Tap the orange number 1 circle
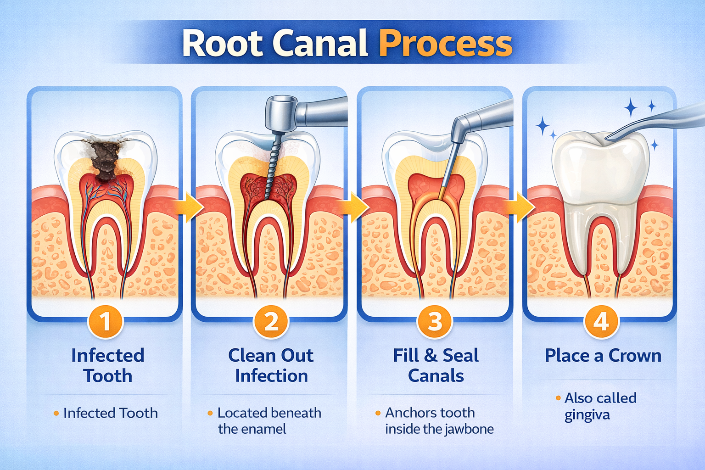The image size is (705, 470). click(x=106, y=321)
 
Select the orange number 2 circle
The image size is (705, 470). click(x=271, y=321)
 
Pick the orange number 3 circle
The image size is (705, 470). click(x=435, y=321)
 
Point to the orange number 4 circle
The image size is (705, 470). click(x=601, y=321)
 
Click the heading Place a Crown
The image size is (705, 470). click(x=603, y=356)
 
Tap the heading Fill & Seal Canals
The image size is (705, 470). click(x=436, y=365)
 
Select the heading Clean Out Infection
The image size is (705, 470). click(x=271, y=365)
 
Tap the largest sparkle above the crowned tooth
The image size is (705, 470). click(x=632, y=108)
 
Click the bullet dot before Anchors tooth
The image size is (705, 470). click(x=378, y=413)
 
